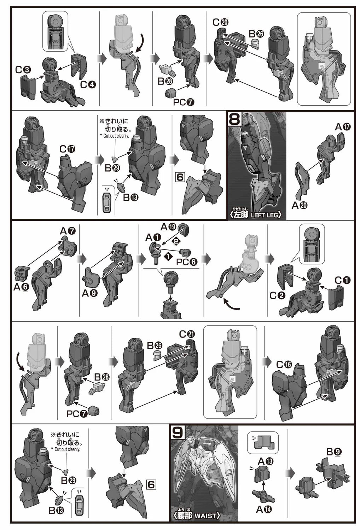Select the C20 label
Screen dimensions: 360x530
tap(220, 22)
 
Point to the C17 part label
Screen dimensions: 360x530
tap(67, 149)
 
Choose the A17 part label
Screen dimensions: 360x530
tap(343, 127)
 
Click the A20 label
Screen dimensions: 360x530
tap(300, 205)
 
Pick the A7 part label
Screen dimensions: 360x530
tap(68, 230)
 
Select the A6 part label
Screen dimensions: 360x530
tap(21, 287)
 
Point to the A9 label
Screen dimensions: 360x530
tap(90, 294)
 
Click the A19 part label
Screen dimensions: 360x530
tap(168, 227)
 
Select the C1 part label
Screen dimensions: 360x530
tap(342, 281)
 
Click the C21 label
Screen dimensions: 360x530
tap(187, 334)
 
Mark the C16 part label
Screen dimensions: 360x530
tap(284, 365)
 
